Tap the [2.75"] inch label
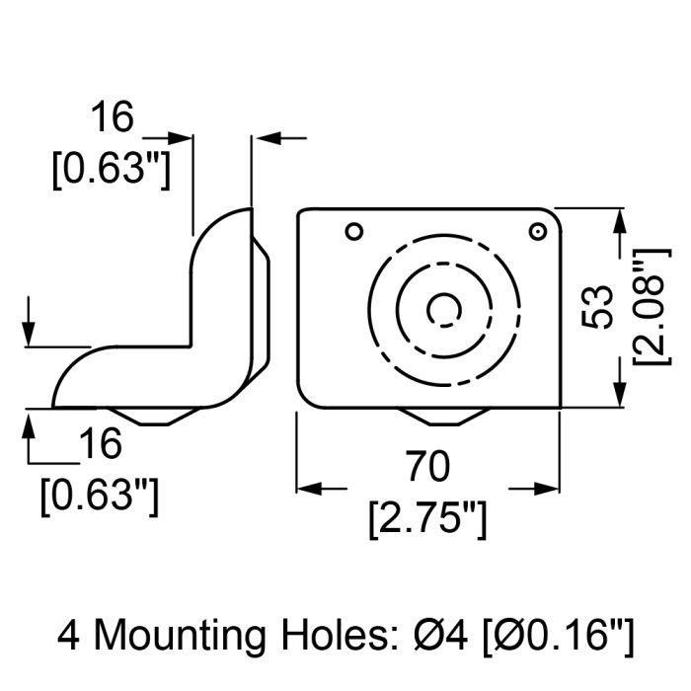coord(427,518)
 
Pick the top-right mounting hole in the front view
coord(537,231)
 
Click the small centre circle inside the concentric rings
coord(444,310)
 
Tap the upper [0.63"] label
coord(111,170)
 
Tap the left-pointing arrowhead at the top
coord(267,138)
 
